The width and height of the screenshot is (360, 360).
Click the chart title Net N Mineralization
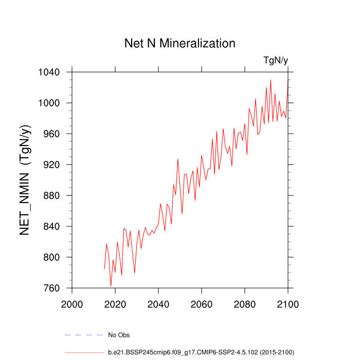(x=180, y=43)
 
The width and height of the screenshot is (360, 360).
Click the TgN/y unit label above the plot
(x=276, y=61)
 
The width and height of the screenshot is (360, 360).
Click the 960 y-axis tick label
(x=53, y=134)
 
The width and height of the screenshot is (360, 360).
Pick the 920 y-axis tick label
(x=53, y=165)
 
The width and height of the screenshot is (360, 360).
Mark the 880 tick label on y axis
(x=53, y=195)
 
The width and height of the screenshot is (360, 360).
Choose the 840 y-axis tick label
(x=53, y=226)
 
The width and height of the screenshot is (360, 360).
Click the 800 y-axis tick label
(x=53, y=257)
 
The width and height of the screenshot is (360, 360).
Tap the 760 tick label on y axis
(x=53, y=288)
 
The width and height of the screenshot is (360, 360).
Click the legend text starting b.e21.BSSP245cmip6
(x=201, y=352)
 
